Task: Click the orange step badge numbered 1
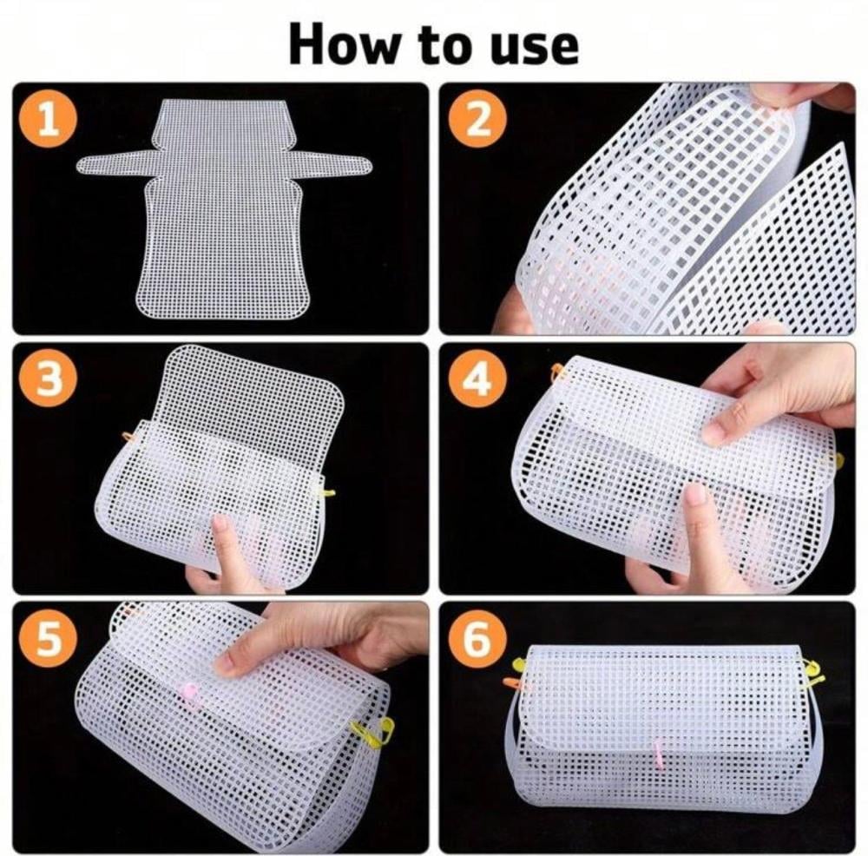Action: pyautogui.click(x=48, y=118)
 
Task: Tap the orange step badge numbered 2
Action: pyautogui.click(x=477, y=118)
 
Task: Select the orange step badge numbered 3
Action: pyautogui.click(x=48, y=379)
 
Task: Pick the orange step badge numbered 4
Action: pyautogui.click(x=477, y=379)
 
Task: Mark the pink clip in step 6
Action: pyautogui.click(x=658, y=754)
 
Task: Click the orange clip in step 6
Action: pyautogui.click(x=513, y=683)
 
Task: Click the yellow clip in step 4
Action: pyautogui.click(x=838, y=461)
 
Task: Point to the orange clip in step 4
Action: pyautogui.click(x=558, y=372)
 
